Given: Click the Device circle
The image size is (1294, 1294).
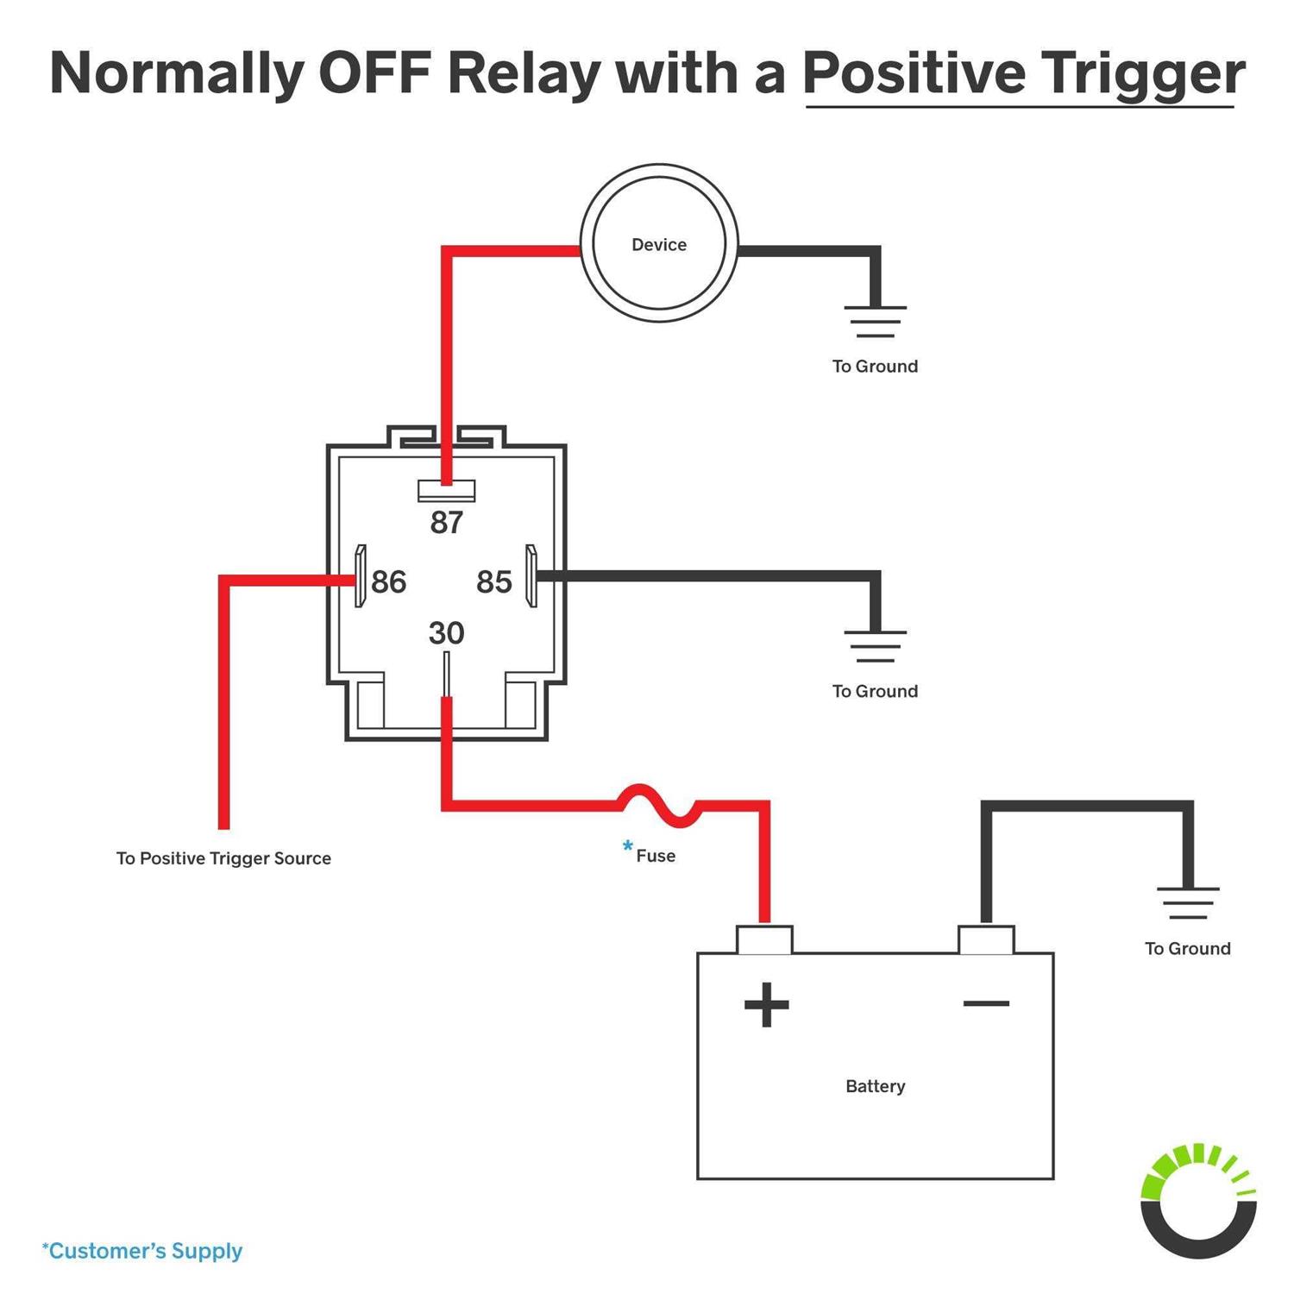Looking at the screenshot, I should point(658,244).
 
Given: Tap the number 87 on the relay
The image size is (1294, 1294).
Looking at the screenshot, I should point(447,523).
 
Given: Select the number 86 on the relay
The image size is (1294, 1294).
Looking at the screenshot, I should point(388,582).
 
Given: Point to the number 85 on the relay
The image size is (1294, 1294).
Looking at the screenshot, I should point(494,582).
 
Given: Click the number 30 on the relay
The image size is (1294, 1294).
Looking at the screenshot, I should point(446,633).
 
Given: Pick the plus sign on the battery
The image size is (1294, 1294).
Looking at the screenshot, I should point(766,1004).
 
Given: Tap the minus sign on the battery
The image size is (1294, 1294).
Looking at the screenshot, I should point(986,1003).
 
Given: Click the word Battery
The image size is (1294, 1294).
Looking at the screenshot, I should point(875,1086).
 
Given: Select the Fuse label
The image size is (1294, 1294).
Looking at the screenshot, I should point(656,856).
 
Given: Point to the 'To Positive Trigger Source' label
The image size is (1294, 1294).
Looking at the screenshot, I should point(223,858).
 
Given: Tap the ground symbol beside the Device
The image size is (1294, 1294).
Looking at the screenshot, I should point(875,320).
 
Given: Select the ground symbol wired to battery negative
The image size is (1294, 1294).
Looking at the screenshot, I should point(1188,902).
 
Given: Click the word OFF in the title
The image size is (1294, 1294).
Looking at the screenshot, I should point(374,73).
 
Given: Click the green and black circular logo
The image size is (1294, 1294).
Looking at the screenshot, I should point(1197,1201).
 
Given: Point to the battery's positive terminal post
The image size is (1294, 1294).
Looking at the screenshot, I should point(764,939).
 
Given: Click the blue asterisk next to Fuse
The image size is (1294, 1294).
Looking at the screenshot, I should point(627,847).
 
